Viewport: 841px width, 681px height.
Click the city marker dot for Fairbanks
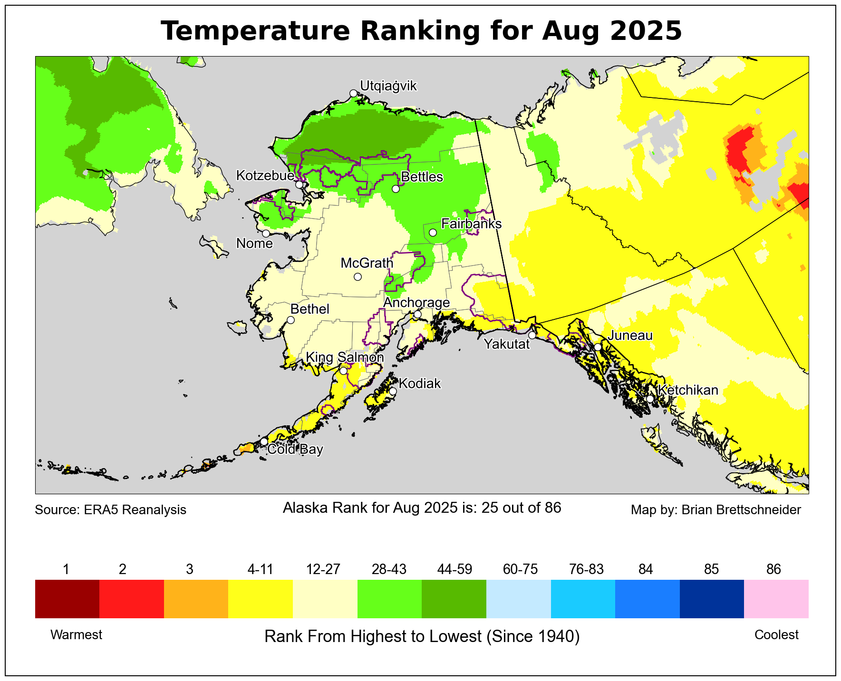433,232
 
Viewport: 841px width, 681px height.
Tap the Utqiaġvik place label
388,86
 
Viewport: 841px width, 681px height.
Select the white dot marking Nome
266,233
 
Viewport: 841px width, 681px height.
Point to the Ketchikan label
687,390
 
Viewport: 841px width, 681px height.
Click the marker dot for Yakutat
532,336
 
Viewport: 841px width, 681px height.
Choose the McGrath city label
367,263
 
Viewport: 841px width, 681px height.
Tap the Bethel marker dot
290,320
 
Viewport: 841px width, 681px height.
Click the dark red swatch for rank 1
67,598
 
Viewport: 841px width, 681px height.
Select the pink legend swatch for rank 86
776,598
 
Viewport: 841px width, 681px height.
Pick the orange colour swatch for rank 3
196,598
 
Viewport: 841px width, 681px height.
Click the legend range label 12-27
323,569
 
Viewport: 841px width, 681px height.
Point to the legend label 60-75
520,569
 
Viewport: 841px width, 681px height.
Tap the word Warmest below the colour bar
76,635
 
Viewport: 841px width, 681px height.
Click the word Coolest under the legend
776,635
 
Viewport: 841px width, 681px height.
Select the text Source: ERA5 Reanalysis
110,510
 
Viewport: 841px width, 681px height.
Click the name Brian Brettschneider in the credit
741,510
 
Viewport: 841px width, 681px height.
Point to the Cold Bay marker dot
264,441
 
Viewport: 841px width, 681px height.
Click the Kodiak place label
419,384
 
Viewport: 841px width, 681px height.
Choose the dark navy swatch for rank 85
711,598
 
